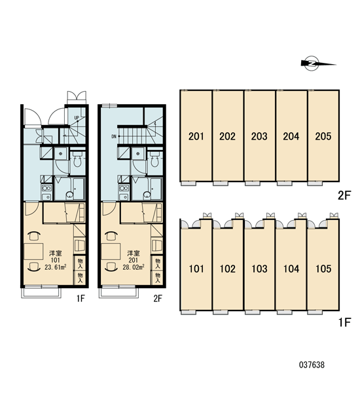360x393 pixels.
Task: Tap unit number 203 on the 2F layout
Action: pyautogui.click(x=259, y=136)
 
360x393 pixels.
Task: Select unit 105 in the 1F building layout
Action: pyautogui.click(x=323, y=269)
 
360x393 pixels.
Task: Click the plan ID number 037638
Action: pyautogui.click(x=312, y=365)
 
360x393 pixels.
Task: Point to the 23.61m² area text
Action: pyautogui.click(x=56, y=267)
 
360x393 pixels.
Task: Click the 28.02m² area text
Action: pyautogui.click(x=134, y=267)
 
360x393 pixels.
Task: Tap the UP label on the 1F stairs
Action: pyautogui.click(x=77, y=117)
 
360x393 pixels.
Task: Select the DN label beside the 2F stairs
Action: pyautogui.click(x=114, y=137)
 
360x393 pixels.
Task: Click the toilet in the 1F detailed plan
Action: pyautogui.click(x=77, y=160)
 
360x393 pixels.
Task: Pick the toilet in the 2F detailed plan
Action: pyautogui.click(x=154, y=160)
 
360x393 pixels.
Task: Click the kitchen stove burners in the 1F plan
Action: pyautogui.click(x=46, y=188)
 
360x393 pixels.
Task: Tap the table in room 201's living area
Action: pyautogui.click(x=111, y=252)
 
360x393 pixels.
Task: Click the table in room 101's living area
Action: pyautogui.click(x=33, y=252)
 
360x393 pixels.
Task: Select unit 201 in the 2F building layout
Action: pyautogui.click(x=196, y=136)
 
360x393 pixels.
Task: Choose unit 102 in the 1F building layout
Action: pyautogui.click(x=228, y=269)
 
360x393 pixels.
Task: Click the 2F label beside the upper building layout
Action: pyautogui.click(x=344, y=195)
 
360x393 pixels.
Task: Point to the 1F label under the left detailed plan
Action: pyautogui.click(x=81, y=299)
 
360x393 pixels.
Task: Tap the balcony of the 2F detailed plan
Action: pyautogui.click(x=118, y=292)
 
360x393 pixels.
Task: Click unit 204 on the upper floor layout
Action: pyautogui.click(x=291, y=136)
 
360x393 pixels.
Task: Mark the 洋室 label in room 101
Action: pyautogui.click(x=56, y=253)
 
